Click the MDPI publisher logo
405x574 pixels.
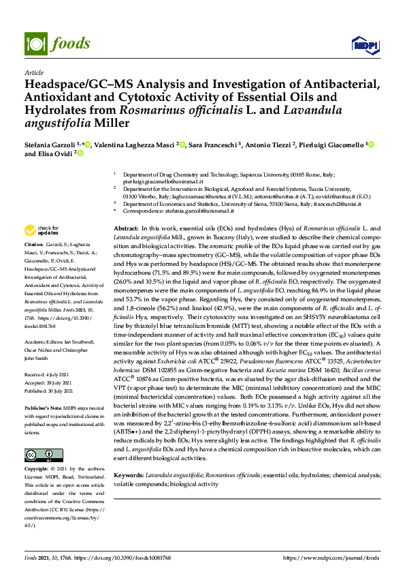pyautogui.click(x=360, y=45)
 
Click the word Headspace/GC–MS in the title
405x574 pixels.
pyautogui.click(x=75, y=85)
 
